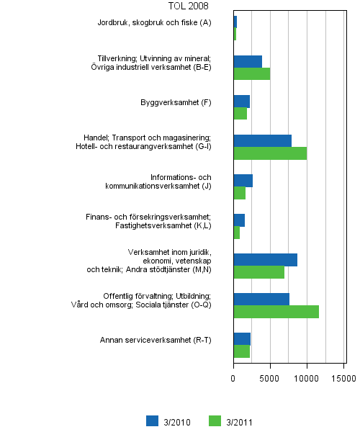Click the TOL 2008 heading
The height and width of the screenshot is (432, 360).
click(188, 6)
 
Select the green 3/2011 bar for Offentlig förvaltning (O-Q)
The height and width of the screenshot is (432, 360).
click(276, 312)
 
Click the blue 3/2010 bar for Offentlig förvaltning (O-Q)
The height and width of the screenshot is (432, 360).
click(261, 299)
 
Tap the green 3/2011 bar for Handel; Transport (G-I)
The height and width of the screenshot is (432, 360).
click(270, 153)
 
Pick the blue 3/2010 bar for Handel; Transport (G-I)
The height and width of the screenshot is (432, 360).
click(262, 140)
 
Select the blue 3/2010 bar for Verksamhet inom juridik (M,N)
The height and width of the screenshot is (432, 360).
click(265, 259)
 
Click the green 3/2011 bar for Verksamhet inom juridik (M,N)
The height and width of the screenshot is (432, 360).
click(258, 272)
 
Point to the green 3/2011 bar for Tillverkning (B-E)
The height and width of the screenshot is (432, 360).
click(251, 73)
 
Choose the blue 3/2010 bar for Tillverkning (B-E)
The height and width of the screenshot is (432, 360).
click(248, 61)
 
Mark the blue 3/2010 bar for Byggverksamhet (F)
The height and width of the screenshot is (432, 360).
click(241, 101)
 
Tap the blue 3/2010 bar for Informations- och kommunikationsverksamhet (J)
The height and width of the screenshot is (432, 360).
click(243, 180)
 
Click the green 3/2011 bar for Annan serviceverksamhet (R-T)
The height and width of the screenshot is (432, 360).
click(241, 351)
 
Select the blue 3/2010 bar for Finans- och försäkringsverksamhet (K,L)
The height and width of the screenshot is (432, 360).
click(239, 220)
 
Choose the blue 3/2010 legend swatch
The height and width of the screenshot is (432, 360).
click(151, 421)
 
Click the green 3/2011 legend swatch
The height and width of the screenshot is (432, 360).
click(214, 421)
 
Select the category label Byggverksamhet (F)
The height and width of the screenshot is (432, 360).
click(176, 102)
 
